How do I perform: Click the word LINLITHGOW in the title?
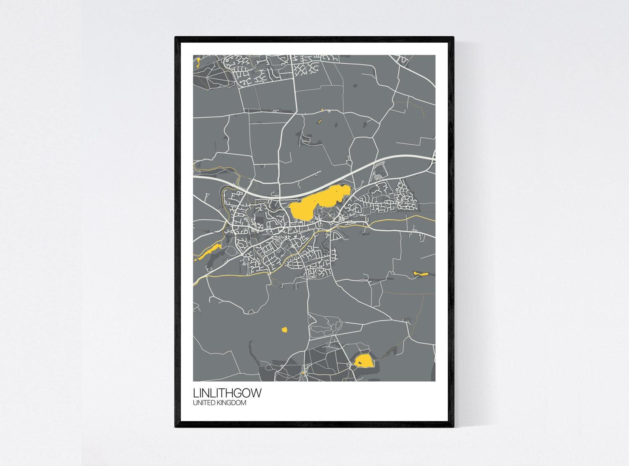(x=227, y=393)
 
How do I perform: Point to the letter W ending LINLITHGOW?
(x=255, y=393)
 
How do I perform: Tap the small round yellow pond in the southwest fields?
(x=284, y=330)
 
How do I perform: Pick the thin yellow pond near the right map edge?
(x=420, y=273)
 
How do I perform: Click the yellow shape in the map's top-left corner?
(x=197, y=62)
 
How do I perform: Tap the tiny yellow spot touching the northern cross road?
(x=322, y=110)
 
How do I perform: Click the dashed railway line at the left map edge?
(x=199, y=230)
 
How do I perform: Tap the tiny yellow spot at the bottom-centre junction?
(x=302, y=372)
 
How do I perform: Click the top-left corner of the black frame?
(x=176, y=38)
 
